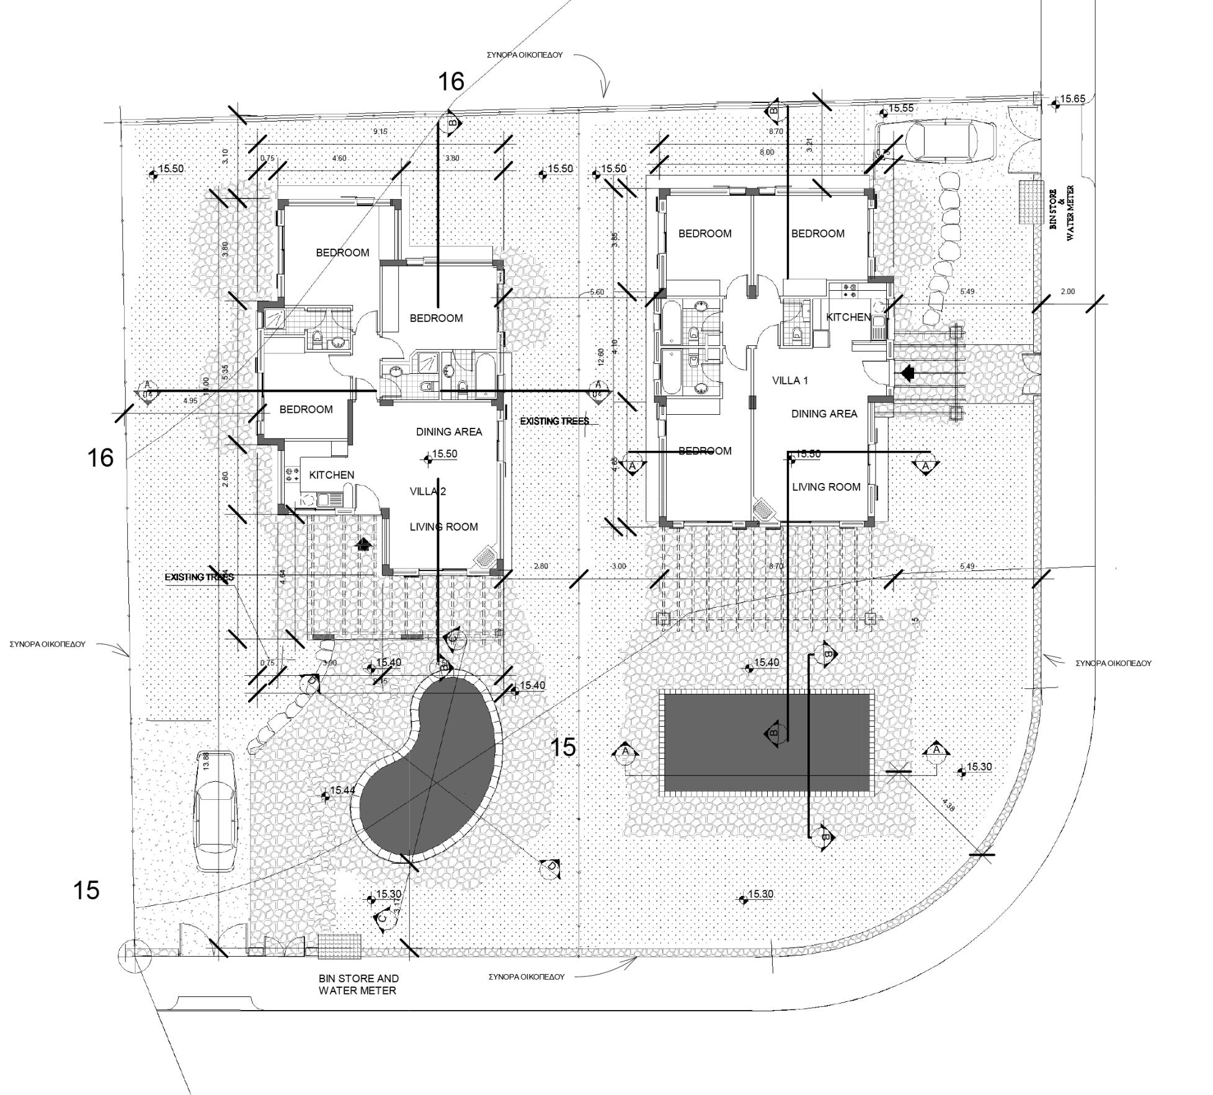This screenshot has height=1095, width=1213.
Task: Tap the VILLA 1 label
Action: click(789, 380)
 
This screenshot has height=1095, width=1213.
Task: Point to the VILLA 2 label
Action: click(427, 492)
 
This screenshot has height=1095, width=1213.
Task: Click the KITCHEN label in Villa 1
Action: click(848, 317)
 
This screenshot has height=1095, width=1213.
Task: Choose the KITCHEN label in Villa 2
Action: click(331, 475)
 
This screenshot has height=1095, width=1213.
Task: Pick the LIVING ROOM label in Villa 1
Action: click(826, 487)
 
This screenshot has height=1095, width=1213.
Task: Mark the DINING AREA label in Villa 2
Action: click(448, 432)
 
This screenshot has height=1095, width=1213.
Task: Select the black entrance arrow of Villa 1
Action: click(907, 373)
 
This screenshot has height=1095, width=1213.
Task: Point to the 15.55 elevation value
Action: click(900, 109)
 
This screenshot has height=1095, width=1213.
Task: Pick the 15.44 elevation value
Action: click(342, 790)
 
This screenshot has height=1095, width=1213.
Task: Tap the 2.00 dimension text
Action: click(1068, 291)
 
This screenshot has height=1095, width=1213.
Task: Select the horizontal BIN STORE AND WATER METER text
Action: click(358, 984)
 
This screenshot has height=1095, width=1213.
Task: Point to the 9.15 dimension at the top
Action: click(380, 131)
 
